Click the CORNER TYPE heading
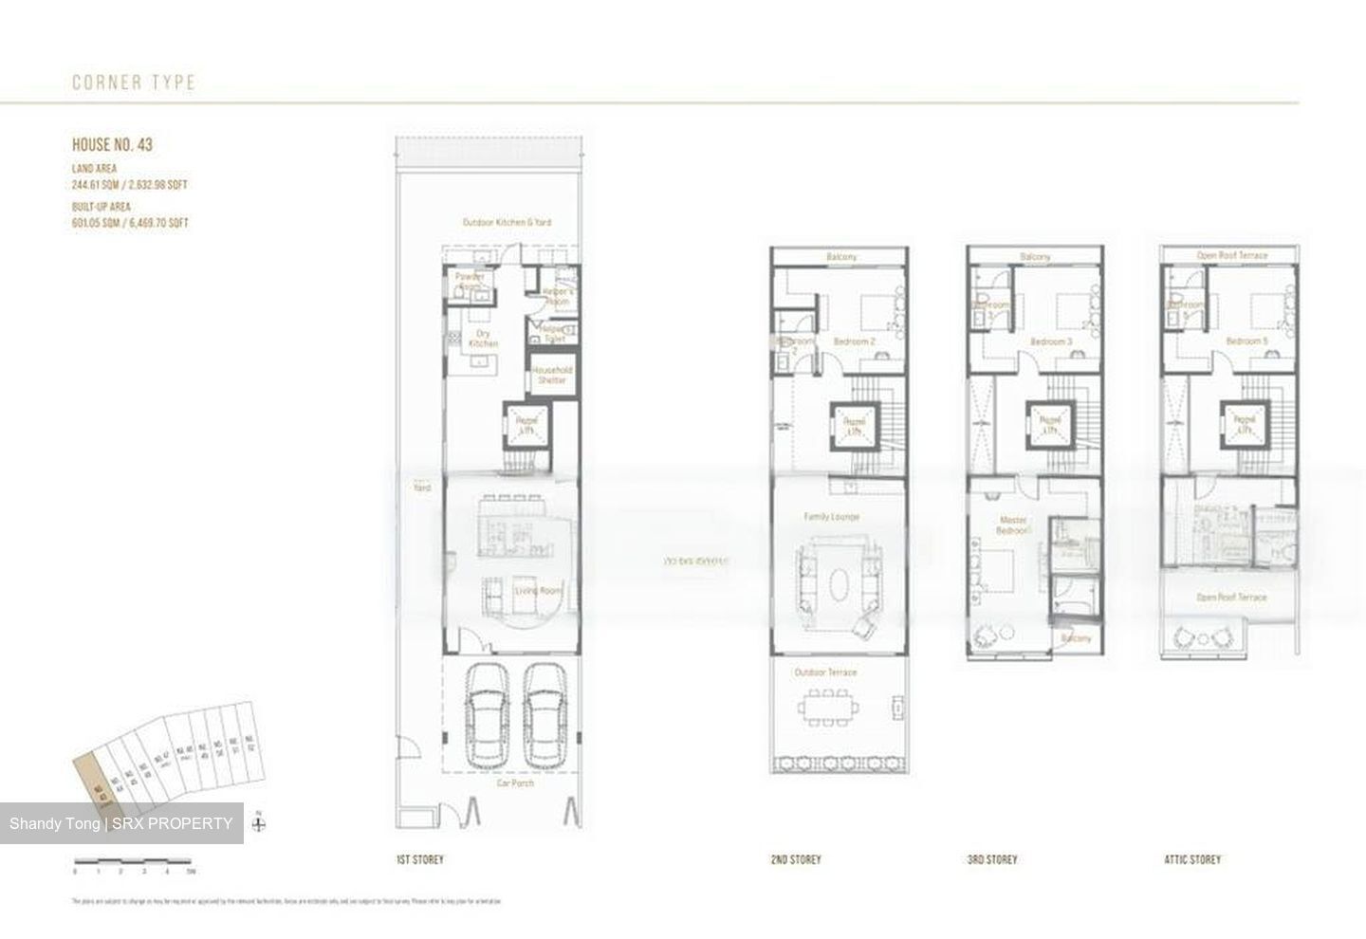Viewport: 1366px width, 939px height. (134, 83)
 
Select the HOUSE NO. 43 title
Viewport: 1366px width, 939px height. (112, 145)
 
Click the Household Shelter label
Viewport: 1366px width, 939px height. (551, 375)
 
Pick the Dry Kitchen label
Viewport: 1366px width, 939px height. (483, 339)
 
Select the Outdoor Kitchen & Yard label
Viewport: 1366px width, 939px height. (507, 222)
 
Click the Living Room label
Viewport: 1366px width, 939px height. (538, 590)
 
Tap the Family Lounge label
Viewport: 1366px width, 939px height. (831, 517)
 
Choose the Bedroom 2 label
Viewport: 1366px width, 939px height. (854, 341)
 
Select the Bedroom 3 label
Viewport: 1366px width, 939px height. (1051, 341)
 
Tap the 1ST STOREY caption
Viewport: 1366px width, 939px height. (419, 859)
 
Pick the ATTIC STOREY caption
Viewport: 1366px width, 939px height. (1192, 859)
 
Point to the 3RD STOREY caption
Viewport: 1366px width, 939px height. (992, 859)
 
